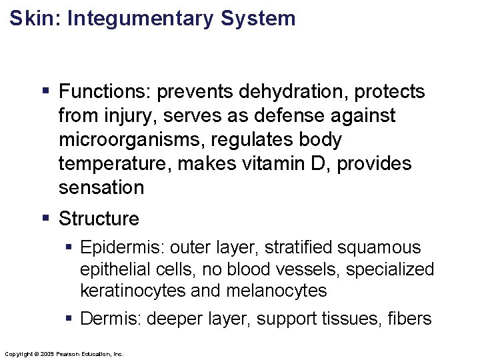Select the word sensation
click(x=101, y=188)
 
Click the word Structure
click(x=99, y=219)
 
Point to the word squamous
click(x=381, y=248)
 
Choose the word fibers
click(x=409, y=319)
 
